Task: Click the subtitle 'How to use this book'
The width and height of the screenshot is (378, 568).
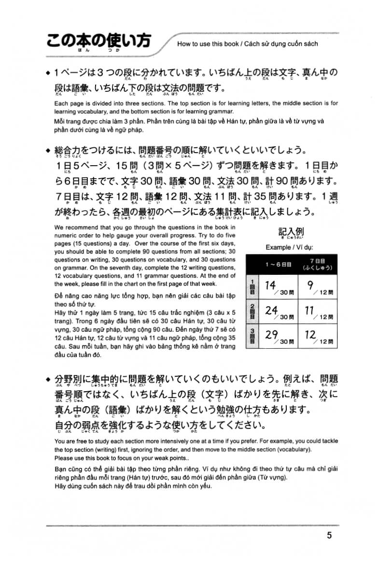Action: pos(208,44)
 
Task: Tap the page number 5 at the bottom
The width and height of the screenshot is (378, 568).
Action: pos(329,535)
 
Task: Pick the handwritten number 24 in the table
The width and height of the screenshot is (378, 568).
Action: pos(271,310)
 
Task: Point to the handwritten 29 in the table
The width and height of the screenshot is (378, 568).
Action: pos(271,334)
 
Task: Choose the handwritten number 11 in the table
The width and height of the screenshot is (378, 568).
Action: pos(310,310)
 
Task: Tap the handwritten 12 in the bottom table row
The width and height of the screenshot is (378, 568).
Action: pos(311,334)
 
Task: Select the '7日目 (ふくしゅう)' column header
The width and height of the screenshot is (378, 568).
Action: pos(318,264)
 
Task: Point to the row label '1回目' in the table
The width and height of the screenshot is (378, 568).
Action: pos(251,287)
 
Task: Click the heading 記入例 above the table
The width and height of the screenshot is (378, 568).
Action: pos(292,231)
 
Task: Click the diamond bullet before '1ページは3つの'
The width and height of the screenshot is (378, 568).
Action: pos(47,74)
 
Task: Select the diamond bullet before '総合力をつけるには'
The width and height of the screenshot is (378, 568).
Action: pos(47,151)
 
